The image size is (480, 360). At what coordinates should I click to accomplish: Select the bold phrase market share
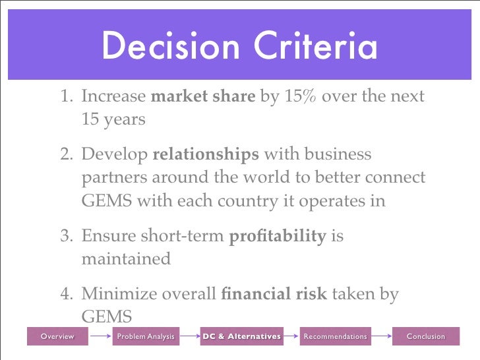click(x=203, y=97)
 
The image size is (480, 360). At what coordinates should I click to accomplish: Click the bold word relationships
click(x=206, y=155)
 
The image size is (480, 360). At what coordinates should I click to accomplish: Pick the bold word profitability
click(x=277, y=236)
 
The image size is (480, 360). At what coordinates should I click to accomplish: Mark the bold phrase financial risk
click(x=275, y=294)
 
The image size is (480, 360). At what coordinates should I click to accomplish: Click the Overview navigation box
click(x=57, y=337)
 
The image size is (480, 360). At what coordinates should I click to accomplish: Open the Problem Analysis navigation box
click(x=145, y=337)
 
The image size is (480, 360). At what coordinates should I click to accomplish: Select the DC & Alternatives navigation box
click(x=241, y=337)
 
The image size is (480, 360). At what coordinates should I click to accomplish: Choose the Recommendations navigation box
click(x=334, y=337)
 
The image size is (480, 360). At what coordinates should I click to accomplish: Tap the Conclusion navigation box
click(x=425, y=337)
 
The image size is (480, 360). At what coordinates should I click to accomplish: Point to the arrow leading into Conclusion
click(x=382, y=337)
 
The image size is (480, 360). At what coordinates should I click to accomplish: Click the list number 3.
click(x=66, y=236)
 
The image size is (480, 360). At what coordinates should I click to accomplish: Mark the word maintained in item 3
click(x=125, y=258)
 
